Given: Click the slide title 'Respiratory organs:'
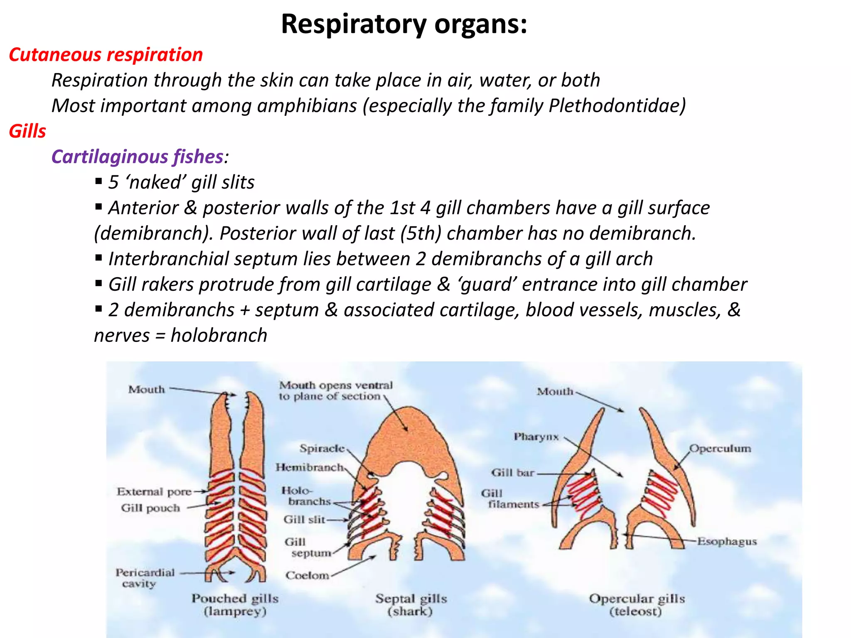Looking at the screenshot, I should tap(404, 24).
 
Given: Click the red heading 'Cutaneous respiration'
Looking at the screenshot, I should tap(106, 55).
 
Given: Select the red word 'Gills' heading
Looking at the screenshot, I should tap(27, 131).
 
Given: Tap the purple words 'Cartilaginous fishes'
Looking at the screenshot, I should tap(138, 157).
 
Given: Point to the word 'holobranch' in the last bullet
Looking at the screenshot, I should tap(219, 336).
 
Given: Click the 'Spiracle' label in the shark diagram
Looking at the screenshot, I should tap(322, 449).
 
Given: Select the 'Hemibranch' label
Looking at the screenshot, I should tap(310, 468).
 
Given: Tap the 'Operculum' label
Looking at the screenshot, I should tap(720, 449).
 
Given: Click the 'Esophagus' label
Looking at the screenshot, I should tap(727, 542).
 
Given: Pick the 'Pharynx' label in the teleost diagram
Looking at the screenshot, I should tap(536, 437).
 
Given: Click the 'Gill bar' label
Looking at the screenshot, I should tap(512, 473).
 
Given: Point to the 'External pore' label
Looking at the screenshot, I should tap(154, 492).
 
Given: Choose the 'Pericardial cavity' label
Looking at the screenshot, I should tap(145, 578).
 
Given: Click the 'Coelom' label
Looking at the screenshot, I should tap(307, 576).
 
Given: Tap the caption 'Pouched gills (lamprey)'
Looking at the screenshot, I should tap(235, 605).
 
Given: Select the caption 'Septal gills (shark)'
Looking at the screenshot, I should tap(411, 605).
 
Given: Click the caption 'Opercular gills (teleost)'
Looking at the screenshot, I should tap(636, 605).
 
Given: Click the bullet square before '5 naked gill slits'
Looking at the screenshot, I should tap(98, 181).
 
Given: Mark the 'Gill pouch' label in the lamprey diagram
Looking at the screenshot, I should tap(150, 508).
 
